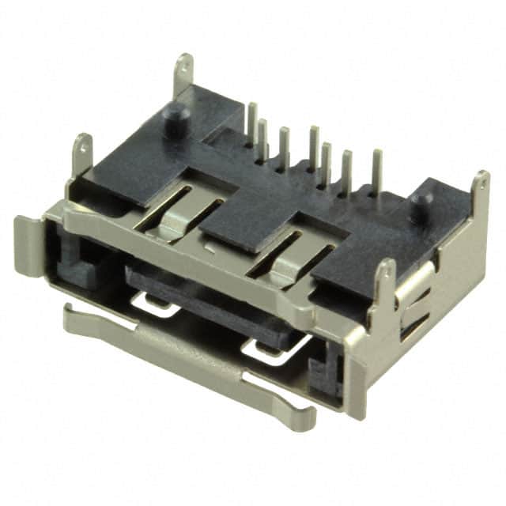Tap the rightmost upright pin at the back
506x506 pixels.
click(377, 169)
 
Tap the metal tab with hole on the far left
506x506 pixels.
click(82, 153)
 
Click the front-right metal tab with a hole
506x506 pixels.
click(385, 281)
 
